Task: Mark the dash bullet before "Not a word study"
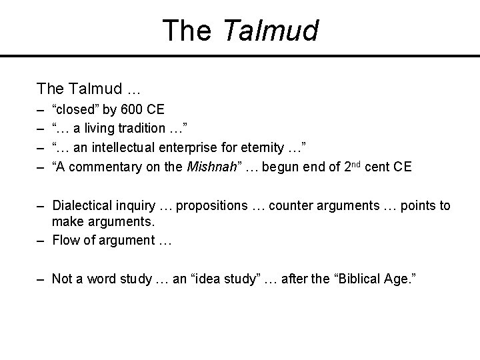pos(41,279)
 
